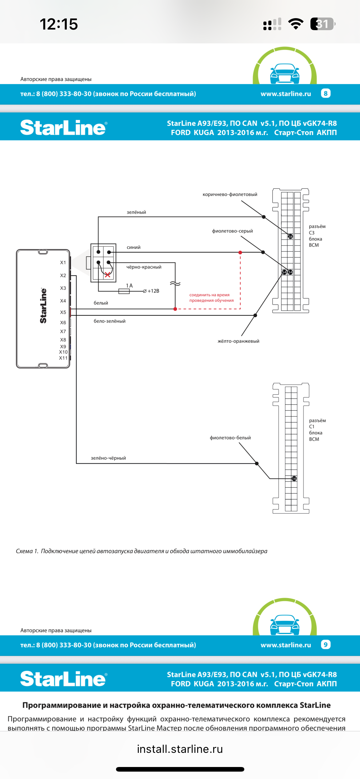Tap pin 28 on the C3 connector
[x=290, y=237]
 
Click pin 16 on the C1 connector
[x=294, y=478]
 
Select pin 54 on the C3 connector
[x=284, y=272]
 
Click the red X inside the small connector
[x=107, y=275]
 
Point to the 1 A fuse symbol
[x=124, y=291]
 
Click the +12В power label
[x=153, y=291]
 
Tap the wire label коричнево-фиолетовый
[x=230, y=194]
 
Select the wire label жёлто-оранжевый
[x=238, y=341]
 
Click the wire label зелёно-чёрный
[x=108, y=458]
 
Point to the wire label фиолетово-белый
[x=230, y=438]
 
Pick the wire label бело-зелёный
[x=110, y=321]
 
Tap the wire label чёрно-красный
[x=144, y=267]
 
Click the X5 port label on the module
[x=63, y=312]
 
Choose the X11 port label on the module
[x=63, y=358]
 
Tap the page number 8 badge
[x=326, y=94]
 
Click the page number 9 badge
[x=326, y=645]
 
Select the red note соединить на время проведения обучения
[x=211, y=298]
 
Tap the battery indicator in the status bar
[x=323, y=24]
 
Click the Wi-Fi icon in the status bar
[x=296, y=24]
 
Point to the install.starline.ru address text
[x=180, y=749]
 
